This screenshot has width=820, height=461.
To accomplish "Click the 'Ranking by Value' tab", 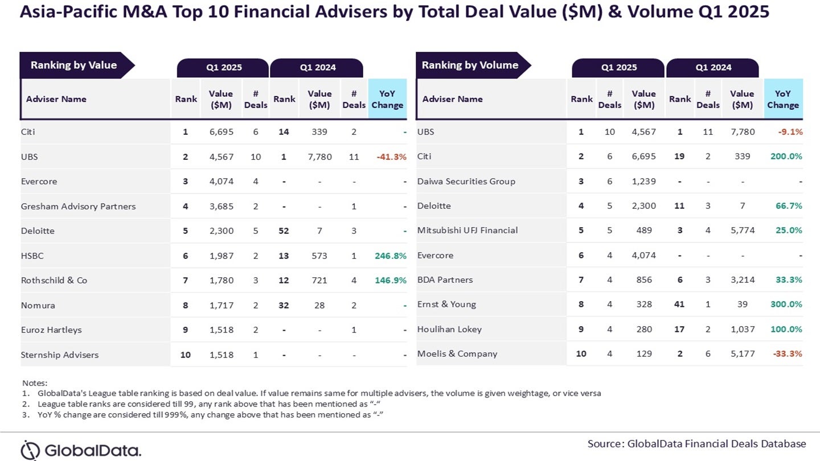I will [73, 65].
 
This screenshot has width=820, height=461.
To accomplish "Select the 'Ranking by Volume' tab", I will [470, 65].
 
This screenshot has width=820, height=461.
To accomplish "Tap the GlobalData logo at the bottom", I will [80, 450].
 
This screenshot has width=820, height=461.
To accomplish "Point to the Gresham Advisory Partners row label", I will [78, 206].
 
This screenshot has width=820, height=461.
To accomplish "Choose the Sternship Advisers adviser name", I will [59, 355].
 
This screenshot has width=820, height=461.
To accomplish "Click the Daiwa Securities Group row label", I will [466, 181].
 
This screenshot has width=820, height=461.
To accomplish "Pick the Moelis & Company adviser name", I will [457, 353].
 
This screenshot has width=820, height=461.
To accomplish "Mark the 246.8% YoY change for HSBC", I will [390, 256].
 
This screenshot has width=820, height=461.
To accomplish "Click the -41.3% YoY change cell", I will [391, 157].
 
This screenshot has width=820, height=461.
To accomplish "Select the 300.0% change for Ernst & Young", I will [786, 304].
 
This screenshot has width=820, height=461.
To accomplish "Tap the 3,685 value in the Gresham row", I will [221, 206].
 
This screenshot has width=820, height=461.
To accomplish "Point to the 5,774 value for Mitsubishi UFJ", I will [743, 230].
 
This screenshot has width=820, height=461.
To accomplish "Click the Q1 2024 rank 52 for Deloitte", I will [284, 230].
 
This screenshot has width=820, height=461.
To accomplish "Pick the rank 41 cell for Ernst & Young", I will [679, 304].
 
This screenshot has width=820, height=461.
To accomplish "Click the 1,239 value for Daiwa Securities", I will [643, 181].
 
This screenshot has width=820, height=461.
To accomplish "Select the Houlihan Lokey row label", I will [449, 329].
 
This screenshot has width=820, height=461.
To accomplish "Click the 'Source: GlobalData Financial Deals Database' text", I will [696, 443].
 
